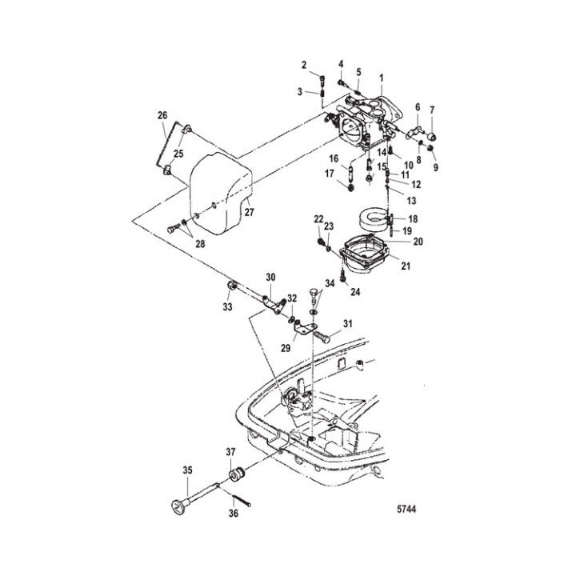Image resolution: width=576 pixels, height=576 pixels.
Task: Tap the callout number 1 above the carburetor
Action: click(382, 78)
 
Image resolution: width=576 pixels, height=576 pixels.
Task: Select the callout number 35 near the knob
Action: click(188, 470)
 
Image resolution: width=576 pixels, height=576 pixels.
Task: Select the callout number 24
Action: click(354, 292)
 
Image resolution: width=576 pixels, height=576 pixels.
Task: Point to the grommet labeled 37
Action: click(235, 477)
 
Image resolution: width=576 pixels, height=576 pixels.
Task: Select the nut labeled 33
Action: click(229, 286)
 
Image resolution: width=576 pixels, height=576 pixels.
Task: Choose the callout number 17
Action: click(330, 173)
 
